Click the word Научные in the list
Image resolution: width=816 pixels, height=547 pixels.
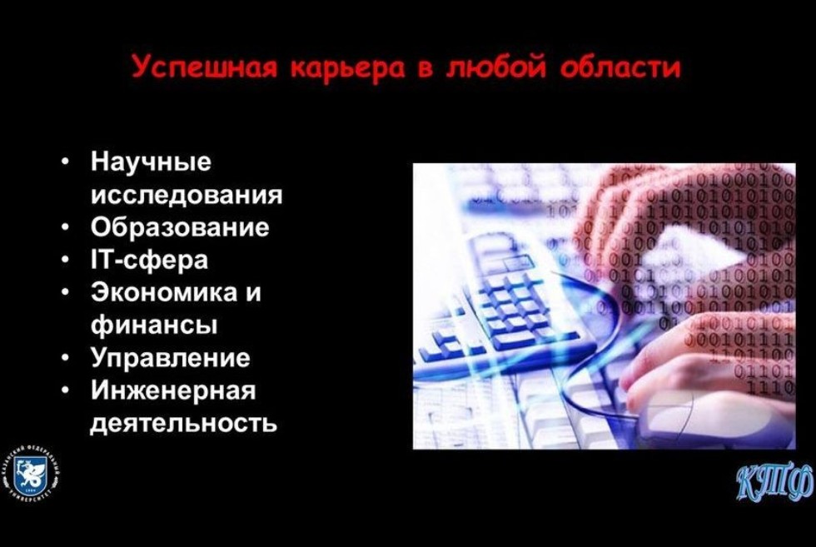point(151,162)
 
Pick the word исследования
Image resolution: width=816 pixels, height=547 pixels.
point(186,195)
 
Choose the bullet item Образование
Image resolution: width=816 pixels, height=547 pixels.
point(179,227)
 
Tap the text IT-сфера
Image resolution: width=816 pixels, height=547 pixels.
point(149,260)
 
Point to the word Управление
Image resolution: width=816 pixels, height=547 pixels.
point(170,358)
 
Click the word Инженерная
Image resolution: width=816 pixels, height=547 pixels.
point(172,390)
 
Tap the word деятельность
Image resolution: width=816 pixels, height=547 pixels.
point(183,423)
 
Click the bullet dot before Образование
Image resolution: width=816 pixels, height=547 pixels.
point(65,227)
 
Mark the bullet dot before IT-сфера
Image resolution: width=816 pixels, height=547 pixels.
point(65,260)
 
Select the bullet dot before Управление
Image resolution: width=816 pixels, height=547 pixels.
point(65,358)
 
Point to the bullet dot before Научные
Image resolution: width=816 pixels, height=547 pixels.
point(65,162)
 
